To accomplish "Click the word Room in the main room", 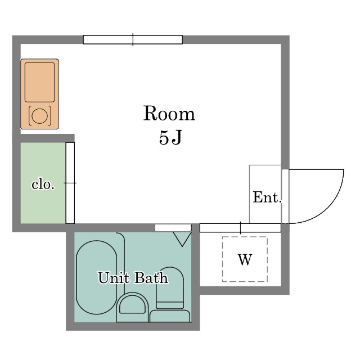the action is pos(169,113).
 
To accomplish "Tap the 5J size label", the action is pos(170,137).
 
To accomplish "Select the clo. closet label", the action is pos(43,184).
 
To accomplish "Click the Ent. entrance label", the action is pos(267,197).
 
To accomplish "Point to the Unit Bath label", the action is pos(133,277).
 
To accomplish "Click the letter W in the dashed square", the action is pos(245,260).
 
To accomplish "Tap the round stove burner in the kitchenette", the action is pos(40,116).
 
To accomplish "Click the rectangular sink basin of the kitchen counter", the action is pos(40,82).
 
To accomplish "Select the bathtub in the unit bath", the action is pos(97,277).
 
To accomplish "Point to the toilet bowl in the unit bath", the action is pos(170,287).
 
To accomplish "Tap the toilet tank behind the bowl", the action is pos(170,316).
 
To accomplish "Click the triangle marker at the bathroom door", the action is pos(182,239).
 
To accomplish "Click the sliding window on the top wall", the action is pos(133,39).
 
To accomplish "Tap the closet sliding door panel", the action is pos(70,183).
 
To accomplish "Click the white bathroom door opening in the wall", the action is pos(173,228).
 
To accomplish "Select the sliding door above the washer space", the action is pos(240,228).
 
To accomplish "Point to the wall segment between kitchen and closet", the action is pos(43,138).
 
